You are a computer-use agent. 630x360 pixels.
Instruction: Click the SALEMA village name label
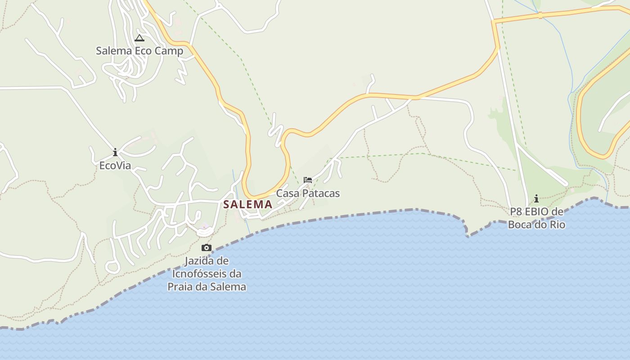[x=247, y=204]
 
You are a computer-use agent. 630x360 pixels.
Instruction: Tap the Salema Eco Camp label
[x=139, y=51]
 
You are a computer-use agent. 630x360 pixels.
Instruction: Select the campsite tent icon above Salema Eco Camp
[x=139, y=38]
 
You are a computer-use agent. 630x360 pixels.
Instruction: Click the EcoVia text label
[x=115, y=166]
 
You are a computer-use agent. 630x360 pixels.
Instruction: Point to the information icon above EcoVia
[x=115, y=152]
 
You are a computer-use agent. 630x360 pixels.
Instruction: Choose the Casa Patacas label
[x=308, y=193]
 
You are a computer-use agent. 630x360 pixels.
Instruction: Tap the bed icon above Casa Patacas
[x=308, y=180]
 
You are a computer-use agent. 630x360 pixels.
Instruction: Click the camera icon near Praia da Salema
[x=207, y=247]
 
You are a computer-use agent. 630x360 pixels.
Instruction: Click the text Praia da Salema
[x=207, y=287]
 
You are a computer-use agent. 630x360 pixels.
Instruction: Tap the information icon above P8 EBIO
[x=536, y=198]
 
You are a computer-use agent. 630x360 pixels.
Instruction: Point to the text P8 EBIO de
[x=536, y=211]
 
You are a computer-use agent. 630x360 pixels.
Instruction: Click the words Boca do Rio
[x=536, y=224]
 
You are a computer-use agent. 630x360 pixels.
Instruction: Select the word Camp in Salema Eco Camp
[x=169, y=51]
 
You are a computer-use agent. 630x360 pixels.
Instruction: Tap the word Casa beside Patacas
[x=286, y=193]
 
